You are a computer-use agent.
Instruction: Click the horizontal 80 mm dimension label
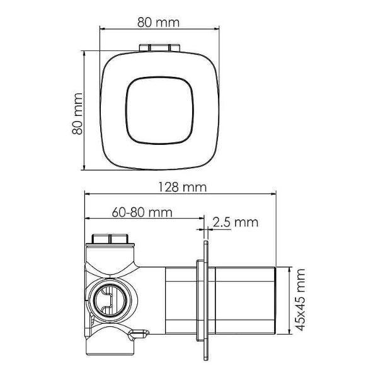(158, 22)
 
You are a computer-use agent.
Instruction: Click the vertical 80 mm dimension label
(77, 113)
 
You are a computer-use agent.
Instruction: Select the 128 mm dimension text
(182, 187)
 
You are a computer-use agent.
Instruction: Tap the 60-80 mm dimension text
(142, 212)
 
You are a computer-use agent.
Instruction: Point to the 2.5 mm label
(235, 222)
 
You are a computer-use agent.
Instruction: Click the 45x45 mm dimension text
(301, 300)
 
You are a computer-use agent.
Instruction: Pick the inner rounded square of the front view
(159, 111)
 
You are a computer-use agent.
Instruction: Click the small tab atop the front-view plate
(159, 47)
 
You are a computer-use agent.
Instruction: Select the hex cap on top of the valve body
(110, 238)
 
